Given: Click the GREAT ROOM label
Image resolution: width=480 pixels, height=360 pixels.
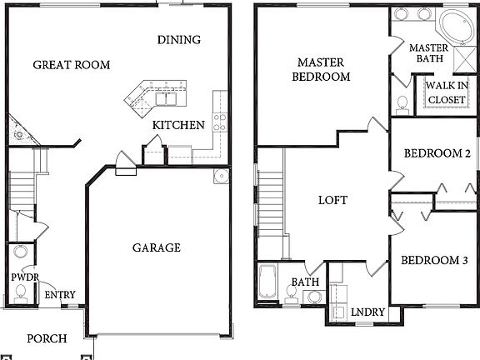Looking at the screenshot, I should (71, 64).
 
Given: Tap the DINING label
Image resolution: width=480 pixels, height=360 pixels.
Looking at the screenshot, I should (179, 39).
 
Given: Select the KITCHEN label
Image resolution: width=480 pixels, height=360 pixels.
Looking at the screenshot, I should (178, 125).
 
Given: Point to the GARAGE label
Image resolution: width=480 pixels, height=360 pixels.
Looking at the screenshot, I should (156, 247).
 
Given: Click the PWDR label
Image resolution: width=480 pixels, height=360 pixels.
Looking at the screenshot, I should (21, 277).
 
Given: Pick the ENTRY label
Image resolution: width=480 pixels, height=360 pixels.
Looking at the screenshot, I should (59, 295).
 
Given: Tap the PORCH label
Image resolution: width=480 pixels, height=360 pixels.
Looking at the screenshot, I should (47, 338).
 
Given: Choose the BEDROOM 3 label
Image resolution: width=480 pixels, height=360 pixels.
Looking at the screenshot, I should (433, 261).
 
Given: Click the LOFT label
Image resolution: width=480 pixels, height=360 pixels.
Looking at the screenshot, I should (332, 201).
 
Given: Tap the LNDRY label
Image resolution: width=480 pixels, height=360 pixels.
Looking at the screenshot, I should (367, 312).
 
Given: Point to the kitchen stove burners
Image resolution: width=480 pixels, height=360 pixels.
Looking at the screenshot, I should (220, 122).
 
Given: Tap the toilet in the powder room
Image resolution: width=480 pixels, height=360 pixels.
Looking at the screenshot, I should (20, 292).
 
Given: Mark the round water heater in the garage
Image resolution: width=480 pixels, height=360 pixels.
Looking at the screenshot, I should (220, 177).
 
